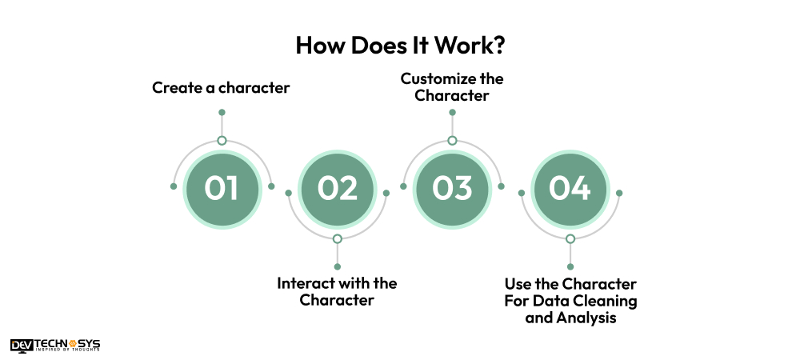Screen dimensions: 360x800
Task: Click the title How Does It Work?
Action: point(400,45)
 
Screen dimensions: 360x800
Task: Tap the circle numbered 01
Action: point(222,189)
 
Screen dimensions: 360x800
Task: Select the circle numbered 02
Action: point(337,189)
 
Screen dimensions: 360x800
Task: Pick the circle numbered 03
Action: point(452,189)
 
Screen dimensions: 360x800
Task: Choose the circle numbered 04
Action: point(570,189)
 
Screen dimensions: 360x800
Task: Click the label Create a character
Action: point(221,87)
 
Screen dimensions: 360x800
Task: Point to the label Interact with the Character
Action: point(337,292)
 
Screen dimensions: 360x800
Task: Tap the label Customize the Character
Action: point(452,87)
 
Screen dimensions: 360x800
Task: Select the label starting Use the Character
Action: point(570,301)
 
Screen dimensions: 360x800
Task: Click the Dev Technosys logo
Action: point(55,345)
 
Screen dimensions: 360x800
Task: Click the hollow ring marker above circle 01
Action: point(222,141)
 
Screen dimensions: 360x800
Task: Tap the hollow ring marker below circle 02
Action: point(337,239)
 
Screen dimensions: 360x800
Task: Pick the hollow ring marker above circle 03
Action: point(452,141)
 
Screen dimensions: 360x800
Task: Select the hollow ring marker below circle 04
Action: point(570,239)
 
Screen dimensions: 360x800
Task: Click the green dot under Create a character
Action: point(222,112)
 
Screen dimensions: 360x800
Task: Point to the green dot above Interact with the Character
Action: point(337,266)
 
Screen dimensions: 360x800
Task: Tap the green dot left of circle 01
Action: point(173,186)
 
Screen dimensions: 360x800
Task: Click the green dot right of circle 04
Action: point(619,193)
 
